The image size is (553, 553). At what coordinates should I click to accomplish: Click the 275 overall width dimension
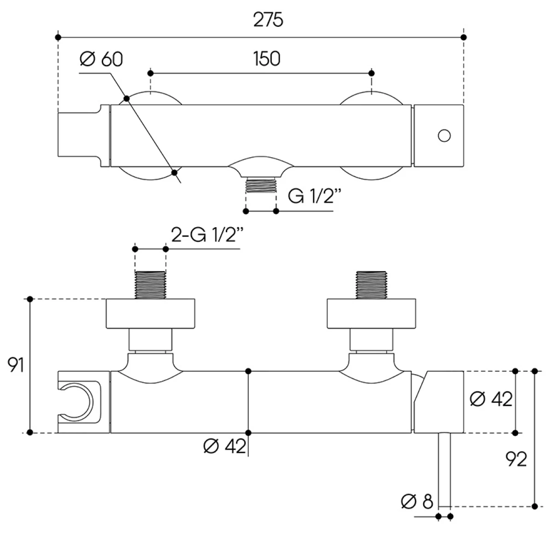tap(268, 20)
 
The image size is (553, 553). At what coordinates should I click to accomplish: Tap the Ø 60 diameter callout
tap(101, 59)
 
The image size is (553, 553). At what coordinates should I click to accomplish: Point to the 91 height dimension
tap(16, 365)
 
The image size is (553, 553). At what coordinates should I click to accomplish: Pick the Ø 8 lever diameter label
tap(417, 501)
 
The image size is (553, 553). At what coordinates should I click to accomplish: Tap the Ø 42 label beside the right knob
tap(491, 399)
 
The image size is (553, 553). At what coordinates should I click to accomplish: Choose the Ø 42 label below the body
tap(224, 446)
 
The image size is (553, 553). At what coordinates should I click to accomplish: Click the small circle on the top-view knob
tap(444, 135)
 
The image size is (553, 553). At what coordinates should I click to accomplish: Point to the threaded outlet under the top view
tap(261, 185)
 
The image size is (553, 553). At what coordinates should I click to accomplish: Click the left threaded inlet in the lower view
tap(150, 285)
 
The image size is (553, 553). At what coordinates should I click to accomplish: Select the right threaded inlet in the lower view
tap(371, 285)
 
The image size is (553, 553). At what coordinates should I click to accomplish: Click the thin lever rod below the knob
tap(444, 468)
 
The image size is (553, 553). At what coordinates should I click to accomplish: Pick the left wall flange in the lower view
tap(151, 314)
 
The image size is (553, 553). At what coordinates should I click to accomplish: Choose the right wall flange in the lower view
tap(371, 314)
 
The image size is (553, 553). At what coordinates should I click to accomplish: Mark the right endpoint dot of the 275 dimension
tap(464, 37)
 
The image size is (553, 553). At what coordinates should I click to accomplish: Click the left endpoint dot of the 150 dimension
tap(150, 73)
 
